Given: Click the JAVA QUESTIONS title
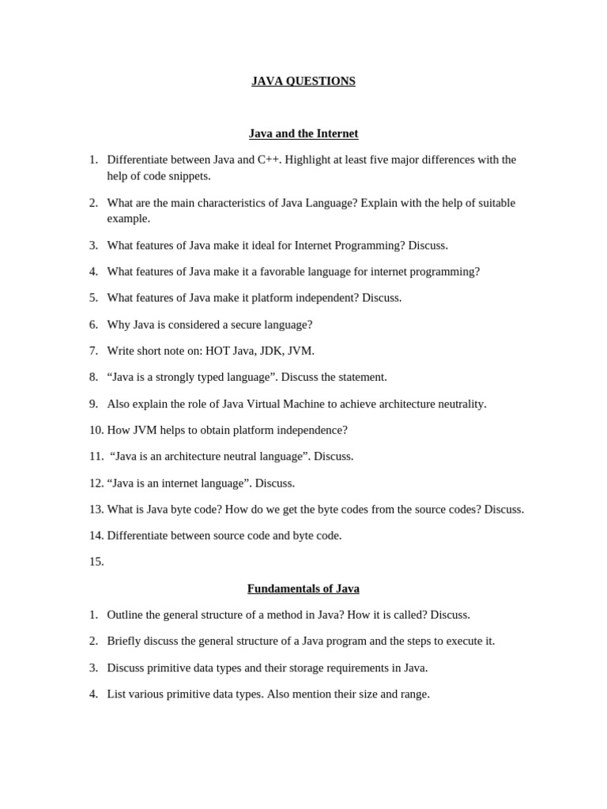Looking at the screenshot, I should point(303,81).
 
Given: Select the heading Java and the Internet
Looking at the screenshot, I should point(303,134).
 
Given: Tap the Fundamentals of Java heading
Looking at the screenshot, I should point(303,589).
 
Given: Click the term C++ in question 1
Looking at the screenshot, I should point(270,160).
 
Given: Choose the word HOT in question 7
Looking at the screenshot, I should point(217,351).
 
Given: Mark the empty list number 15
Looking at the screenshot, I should point(96,562).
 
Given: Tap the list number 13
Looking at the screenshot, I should point(96,510).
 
